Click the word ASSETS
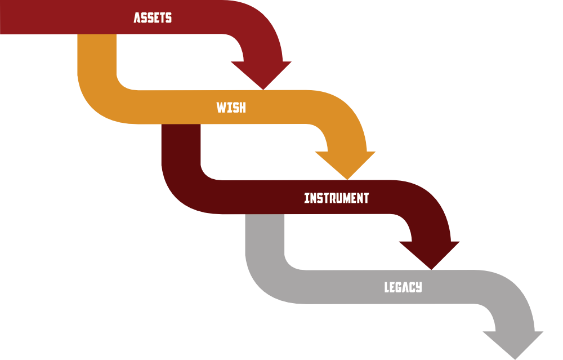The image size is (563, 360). pos(153,17)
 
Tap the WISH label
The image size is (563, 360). pos(231,107)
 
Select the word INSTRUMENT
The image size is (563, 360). pos(336,198)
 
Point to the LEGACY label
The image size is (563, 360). pos(403,287)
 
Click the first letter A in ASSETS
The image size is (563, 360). pos(137,17)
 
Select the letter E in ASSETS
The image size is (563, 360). pos(155,17)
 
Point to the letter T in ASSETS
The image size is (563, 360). pos(162,17)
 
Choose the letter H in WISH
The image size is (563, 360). pos(242,107)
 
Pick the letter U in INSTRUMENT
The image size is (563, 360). pos(337,198)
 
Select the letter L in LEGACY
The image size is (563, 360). pos(387,287)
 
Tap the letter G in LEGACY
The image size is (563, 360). pos(399,287)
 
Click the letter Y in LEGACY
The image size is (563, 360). pos(418,287)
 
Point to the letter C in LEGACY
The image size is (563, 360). pos(412,287)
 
